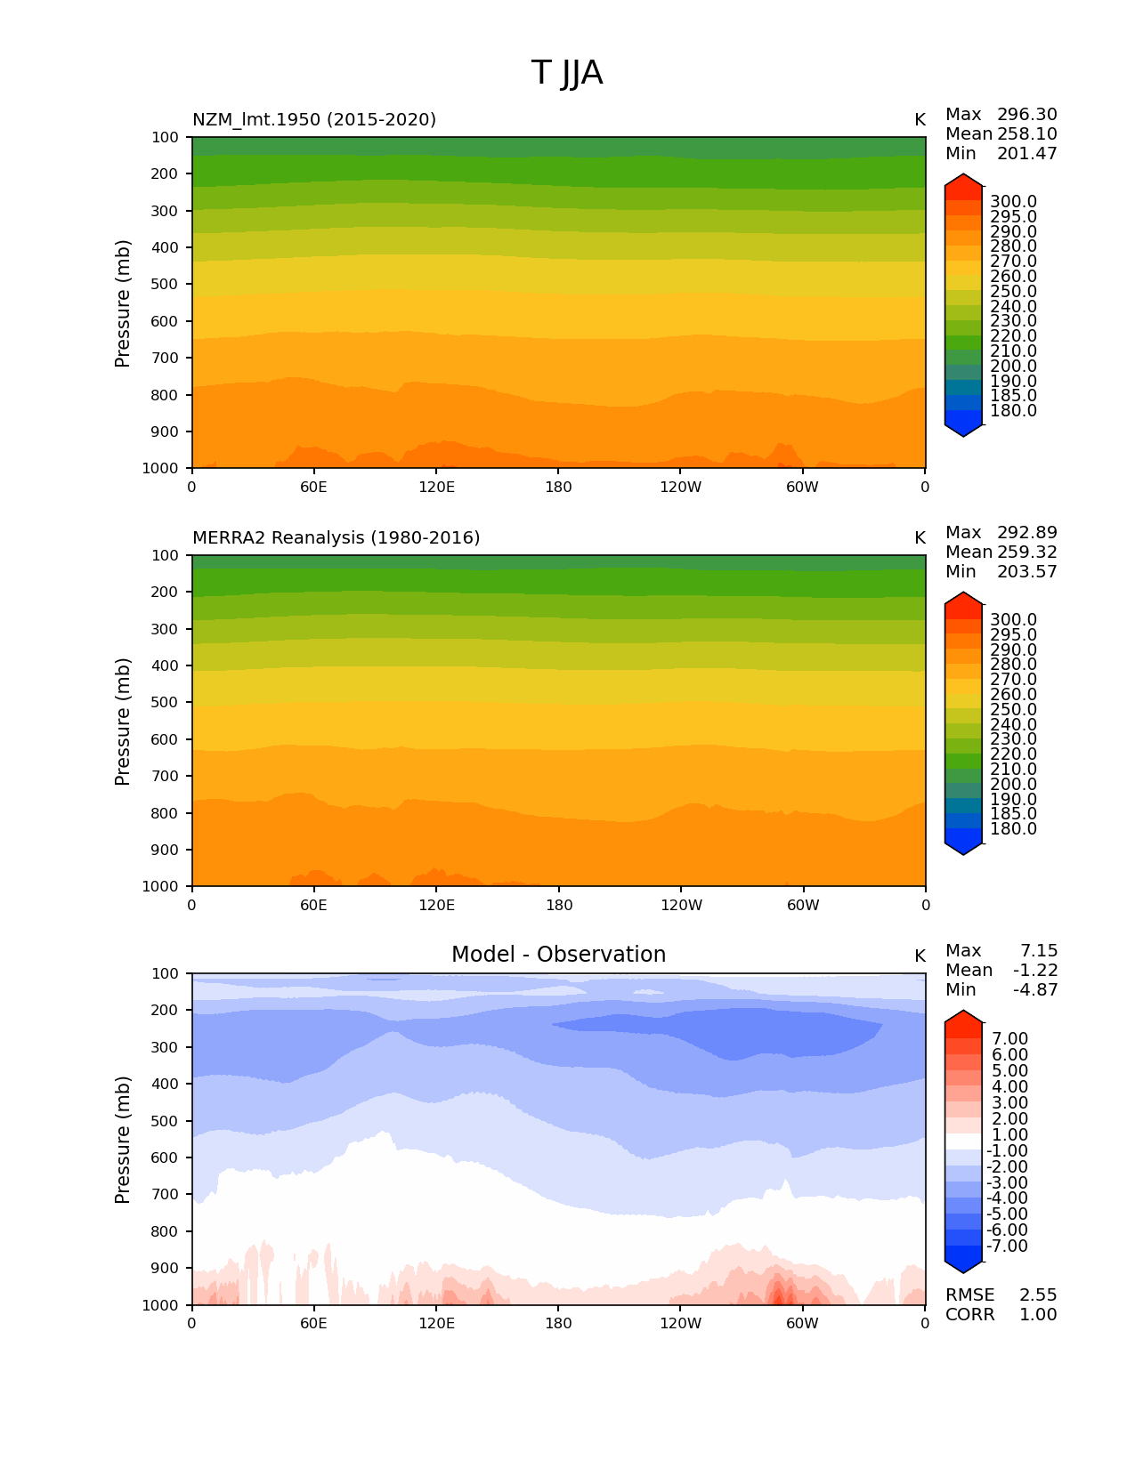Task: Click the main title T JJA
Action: (567, 73)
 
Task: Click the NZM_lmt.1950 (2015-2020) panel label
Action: (314, 120)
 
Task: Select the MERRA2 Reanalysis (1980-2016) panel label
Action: (336, 538)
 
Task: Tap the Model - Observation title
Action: (558, 955)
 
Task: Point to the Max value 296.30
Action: (1026, 115)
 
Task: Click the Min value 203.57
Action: (1026, 572)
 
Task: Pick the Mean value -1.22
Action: (1035, 971)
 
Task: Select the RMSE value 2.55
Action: (1038, 1295)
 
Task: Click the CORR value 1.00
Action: (1038, 1315)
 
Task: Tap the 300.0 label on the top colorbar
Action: (1013, 202)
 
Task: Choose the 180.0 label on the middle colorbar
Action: (1013, 829)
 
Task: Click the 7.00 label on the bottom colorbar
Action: (1010, 1039)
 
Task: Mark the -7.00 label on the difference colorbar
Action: (1008, 1246)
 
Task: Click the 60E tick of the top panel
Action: (313, 487)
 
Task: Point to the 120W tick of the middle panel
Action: (681, 905)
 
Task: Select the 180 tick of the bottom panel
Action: (558, 1323)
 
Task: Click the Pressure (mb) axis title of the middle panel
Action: (123, 722)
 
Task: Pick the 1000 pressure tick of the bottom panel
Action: (160, 1305)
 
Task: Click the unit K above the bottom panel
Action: (920, 956)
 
